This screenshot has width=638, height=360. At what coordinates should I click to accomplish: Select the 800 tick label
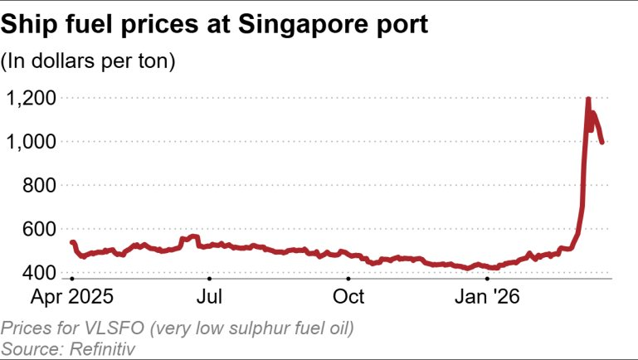(x=40, y=187)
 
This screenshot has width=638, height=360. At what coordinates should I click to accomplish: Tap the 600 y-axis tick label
(x=40, y=230)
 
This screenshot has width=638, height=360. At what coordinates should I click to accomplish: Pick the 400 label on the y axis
(x=40, y=273)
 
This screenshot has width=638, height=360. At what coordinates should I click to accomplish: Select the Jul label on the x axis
(x=209, y=296)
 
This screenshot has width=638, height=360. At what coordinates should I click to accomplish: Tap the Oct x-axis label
(x=348, y=296)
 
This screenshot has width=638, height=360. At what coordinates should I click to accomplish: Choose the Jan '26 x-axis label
(x=487, y=296)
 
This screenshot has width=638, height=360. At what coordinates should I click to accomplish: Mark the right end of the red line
(x=601, y=143)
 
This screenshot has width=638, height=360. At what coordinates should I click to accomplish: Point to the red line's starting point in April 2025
(x=72, y=242)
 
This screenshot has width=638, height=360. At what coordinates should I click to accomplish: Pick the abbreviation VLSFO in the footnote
(x=99, y=329)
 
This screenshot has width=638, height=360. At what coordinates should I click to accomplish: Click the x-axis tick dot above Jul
(x=209, y=280)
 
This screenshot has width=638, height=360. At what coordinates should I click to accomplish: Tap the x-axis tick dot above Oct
(x=348, y=280)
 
